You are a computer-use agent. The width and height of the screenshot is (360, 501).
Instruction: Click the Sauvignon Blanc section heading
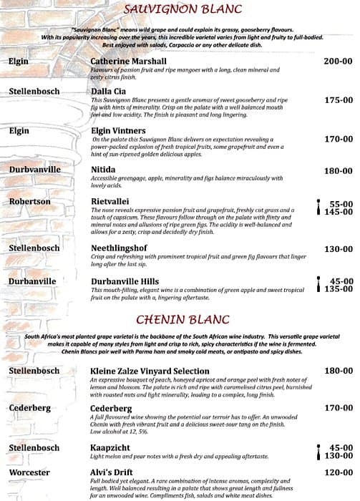(183, 9)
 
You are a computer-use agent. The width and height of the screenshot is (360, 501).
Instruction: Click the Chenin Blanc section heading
(183, 318)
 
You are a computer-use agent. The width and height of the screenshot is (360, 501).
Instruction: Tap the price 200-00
(338, 62)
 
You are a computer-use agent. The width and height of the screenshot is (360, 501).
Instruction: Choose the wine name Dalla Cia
(109, 92)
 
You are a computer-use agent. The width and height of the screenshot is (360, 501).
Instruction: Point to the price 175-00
(338, 100)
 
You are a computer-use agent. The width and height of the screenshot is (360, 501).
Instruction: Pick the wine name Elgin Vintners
(119, 131)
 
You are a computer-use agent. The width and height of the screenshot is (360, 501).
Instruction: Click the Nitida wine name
(103, 170)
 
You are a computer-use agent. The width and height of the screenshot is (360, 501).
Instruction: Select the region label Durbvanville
(35, 170)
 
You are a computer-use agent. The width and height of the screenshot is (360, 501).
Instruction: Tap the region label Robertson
(30, 202)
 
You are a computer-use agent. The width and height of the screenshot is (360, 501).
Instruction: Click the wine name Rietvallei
(110, 202)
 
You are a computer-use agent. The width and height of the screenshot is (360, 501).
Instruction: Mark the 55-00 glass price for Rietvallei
(341, 204)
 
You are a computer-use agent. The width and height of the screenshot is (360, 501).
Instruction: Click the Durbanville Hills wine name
(125, 282)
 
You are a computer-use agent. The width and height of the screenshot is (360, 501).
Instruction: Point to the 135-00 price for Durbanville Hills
(338, 290)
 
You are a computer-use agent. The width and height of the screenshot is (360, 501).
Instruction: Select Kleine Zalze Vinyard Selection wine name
(150, 371)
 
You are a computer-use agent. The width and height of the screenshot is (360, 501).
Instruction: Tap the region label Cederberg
(30, 408)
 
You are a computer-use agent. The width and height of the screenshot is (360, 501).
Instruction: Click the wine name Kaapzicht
(112, 447)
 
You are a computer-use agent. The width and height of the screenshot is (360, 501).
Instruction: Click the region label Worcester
(30, 473)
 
